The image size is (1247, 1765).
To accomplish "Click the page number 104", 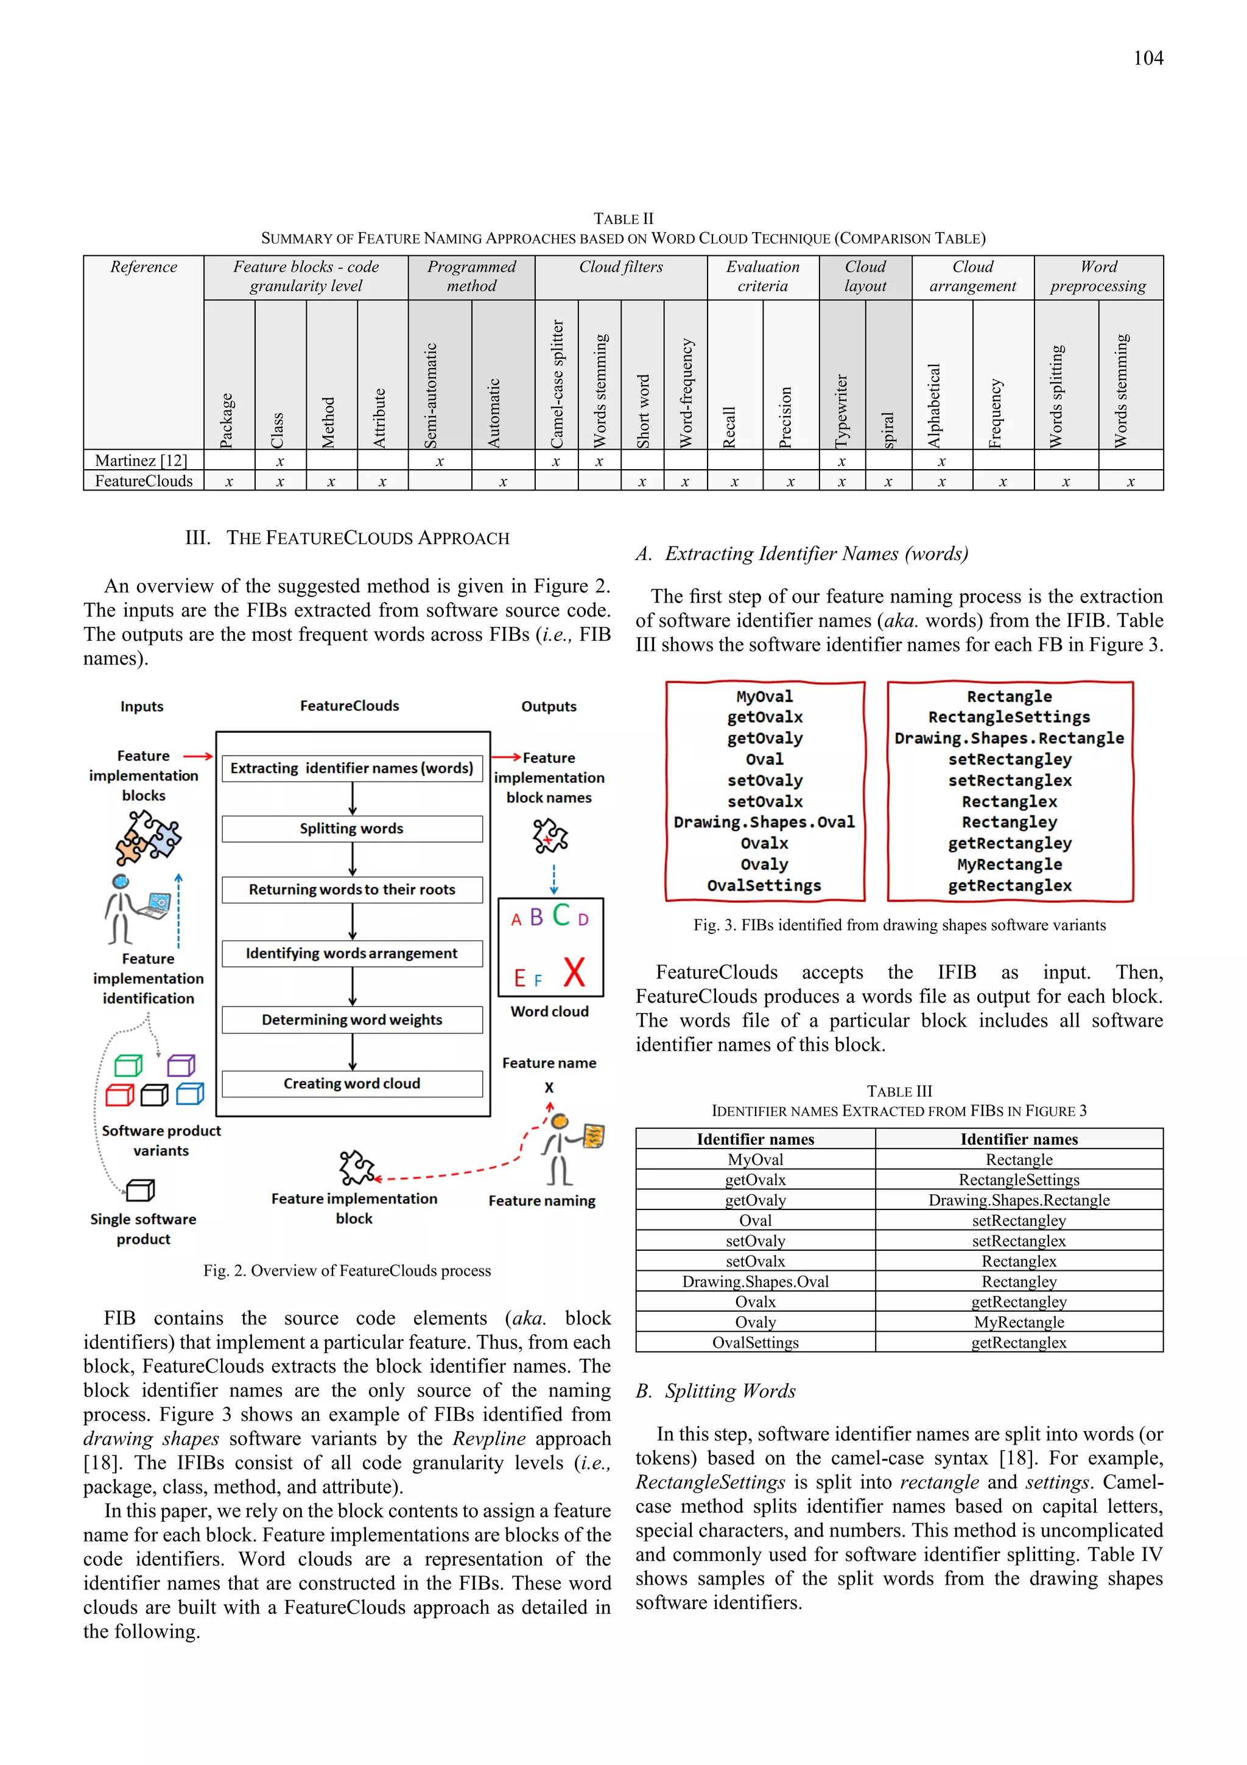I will point(1147,58).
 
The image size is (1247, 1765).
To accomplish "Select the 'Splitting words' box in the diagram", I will point(352,829).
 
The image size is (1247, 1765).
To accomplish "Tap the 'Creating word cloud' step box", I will point(352,1083).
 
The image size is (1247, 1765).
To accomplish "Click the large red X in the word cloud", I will point(574,972).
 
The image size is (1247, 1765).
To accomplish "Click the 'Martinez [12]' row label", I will point(142,461).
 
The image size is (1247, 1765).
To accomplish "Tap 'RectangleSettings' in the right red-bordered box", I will point(1009,717).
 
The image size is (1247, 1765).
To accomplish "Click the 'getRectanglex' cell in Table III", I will point(1018,1342).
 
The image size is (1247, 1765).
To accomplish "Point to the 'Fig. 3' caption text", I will point(899,925).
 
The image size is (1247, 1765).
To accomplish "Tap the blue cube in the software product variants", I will point(190,1093).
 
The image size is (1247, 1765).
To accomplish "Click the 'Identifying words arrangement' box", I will point(352,953).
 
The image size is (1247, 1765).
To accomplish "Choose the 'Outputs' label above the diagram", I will point(549,707).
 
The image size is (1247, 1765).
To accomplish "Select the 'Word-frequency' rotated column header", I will point(686,392).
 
